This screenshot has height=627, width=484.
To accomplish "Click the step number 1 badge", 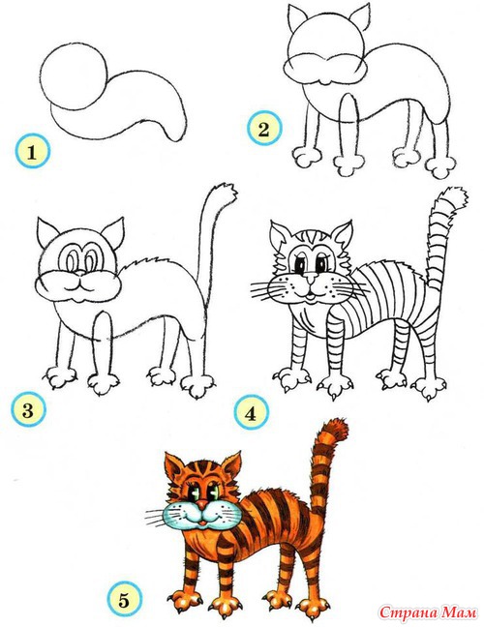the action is [x=32, y=151].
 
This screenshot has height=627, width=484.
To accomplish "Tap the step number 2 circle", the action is [x=264, y=129].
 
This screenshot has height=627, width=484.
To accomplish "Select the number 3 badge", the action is [x=28, y=409].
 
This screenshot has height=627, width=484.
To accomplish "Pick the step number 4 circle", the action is [x=251, y=412].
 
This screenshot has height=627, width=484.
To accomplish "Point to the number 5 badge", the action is [x=124, y=599].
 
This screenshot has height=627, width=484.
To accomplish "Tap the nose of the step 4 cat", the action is [x=309, y=277].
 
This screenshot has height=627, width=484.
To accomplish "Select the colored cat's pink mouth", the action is [x=203, y=522].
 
